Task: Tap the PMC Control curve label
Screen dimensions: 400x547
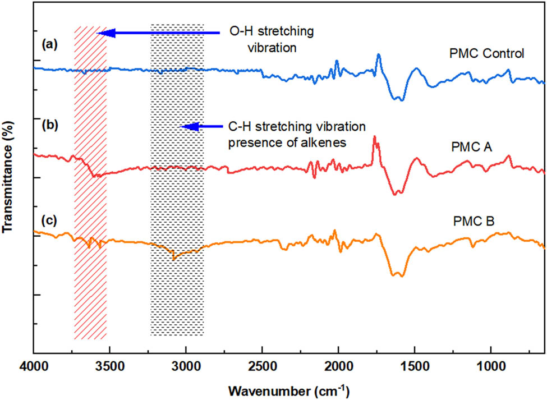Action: (486, 54)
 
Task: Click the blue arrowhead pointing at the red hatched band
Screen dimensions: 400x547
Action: (106, 34)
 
